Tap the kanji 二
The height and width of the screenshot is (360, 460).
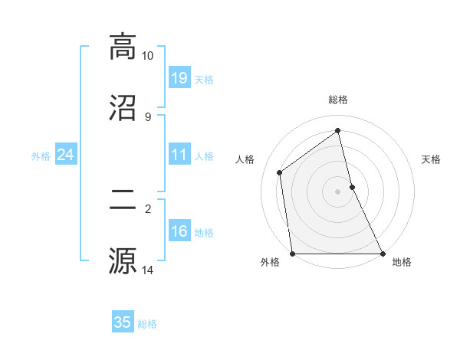[x=123, y=201]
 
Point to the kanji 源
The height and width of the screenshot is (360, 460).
[x=123, y=260]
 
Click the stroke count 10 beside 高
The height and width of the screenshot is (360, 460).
[x=148, y=56]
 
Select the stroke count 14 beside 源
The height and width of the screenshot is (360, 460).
[x=148, y=270]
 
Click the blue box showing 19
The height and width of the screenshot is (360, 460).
[x=179, y=78]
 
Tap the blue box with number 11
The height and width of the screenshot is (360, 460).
[x=179, y=155]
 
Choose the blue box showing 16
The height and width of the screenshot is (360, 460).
[x=179, y=231]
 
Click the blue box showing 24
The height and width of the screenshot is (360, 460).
[x=65, y=155]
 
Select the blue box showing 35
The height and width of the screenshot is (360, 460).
[x=123, y=322]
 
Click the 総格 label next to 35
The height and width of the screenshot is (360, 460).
[x=147, y=324]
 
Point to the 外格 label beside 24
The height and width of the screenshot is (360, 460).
[x=41, y=156]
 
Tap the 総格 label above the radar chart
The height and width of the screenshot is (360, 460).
[x=338, y=100]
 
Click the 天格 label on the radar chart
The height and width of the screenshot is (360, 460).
[x=432, y=159]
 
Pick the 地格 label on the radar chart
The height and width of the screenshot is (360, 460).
[x=402, y=262]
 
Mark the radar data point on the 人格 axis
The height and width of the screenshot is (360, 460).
[x=280, y=172]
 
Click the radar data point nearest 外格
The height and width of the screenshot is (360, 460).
[x=293, y=253]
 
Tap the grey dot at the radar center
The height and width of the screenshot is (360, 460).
[x=338, y=191]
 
